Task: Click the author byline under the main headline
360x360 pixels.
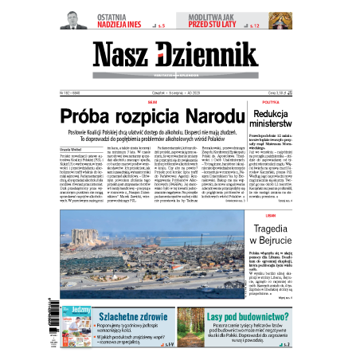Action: point(73,148)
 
